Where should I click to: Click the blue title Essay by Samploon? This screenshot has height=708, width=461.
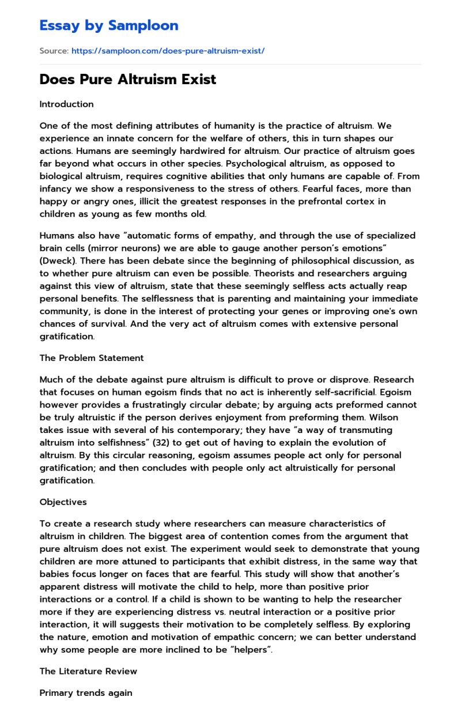(109, 25)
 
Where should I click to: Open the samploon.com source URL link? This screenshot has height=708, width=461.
(168, 51)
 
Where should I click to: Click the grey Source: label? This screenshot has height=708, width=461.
(54, 51)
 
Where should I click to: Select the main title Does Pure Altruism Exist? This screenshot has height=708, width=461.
(127, 80)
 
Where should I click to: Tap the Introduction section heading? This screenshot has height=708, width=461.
(66, 104)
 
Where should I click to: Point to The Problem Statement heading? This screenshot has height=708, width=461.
(91, 358)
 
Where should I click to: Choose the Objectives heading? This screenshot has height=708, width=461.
(63, 502)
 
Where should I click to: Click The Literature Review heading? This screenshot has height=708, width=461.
(88, 671)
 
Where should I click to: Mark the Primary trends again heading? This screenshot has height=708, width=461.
(85, 693)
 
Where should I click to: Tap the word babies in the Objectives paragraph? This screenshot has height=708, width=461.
(55, 574)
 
